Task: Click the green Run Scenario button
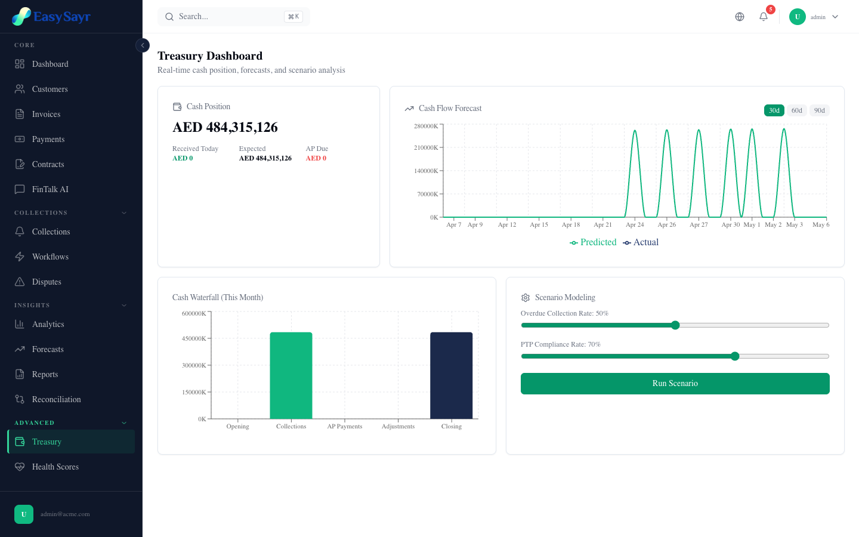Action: [675, 384]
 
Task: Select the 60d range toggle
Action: [796, 110]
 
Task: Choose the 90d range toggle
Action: [819, 110]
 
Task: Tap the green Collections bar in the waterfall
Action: [291, 375]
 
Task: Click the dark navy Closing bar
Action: [451, 375]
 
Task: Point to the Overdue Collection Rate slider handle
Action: [675, 325]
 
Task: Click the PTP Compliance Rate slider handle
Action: [735, 356]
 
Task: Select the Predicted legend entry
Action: [593, 242]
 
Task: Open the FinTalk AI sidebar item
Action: [50, 189]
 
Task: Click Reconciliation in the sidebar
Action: [56, 399]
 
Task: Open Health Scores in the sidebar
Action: [55, 467]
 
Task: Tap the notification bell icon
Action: [764, 17]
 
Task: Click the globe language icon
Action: [740, 17]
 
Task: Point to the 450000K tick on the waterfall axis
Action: [194, 338]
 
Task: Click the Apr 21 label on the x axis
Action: [602, 225]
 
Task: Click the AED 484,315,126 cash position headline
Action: [225, 127]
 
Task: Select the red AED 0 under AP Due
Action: [316, 158]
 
